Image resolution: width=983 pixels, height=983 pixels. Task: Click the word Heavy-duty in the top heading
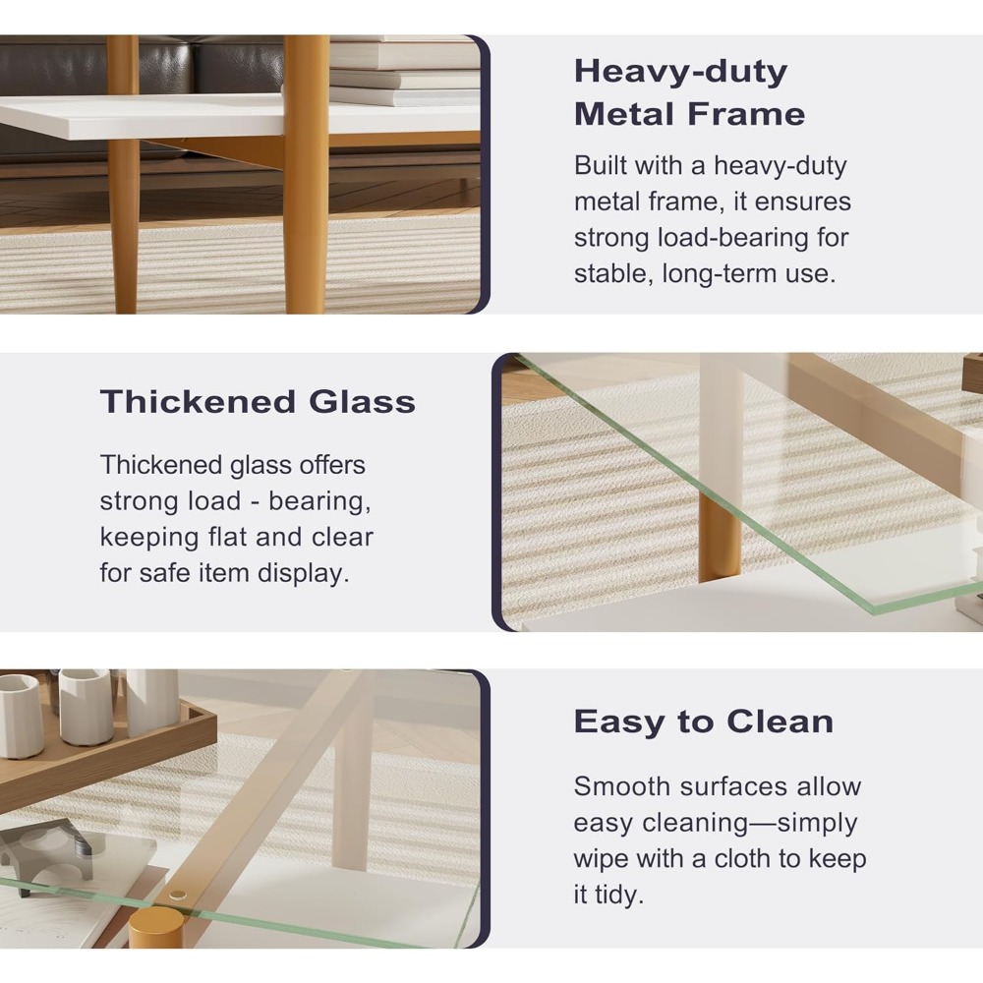(x=681, y=72)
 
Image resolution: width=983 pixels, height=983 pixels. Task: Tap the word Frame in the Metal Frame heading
(x=746, y=114)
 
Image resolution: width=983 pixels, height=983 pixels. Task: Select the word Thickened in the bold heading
(x=198, y=401)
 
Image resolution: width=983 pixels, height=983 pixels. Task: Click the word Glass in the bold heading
(x=363, y=401)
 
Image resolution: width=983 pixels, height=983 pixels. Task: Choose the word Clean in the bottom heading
(x=780, y=722)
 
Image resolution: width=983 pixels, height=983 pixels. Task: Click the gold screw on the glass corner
(x=178, y=896)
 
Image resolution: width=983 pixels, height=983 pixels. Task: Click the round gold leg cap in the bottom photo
(x=156, y=927)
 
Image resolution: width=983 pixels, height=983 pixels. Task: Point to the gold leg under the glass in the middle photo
(x=720, y=536)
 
